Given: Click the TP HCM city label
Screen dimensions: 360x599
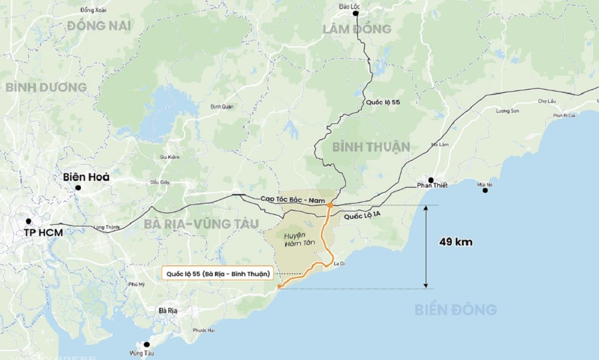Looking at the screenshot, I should [x=43, y=232].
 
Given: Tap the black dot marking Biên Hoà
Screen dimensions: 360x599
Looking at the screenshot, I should [x=78, y=187].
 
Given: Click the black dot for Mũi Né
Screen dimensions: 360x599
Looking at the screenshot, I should [x=485, y=190].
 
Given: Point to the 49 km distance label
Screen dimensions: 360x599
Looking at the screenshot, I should [x=456, y=243].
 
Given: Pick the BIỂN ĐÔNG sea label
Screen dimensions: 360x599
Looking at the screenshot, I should [x=456, y=310].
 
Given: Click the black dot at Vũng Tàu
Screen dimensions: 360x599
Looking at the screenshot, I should [x=146, y=344].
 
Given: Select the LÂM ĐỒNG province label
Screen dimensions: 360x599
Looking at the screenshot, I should [x=356, y=29].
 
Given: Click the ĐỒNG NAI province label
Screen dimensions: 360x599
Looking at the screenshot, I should [x=99, y=25].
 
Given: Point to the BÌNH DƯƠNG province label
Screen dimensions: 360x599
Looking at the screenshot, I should [x=46, y=87].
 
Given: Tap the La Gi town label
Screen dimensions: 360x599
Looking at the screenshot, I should [x=340, y=263].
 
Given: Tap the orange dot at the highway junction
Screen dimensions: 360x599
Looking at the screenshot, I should [x=330, y=206].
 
